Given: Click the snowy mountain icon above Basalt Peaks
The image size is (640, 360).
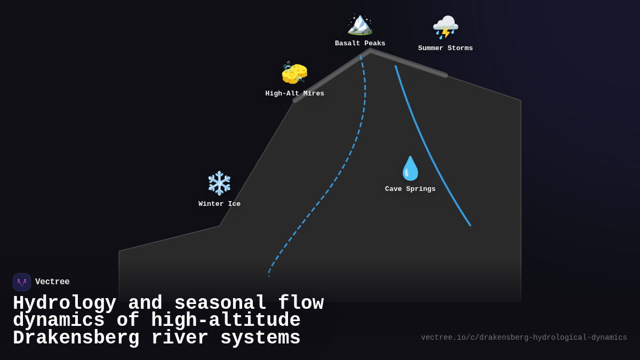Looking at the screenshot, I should click(360, 25).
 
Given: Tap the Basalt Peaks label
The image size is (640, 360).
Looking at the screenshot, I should click(360, 44).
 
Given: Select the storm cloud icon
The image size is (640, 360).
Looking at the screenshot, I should click(445, 27).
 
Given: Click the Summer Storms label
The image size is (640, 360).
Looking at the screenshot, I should click(445, 49).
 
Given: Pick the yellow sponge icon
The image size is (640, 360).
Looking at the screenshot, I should click(294, 73).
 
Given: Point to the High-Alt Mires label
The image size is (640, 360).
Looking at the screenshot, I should click(294, 94).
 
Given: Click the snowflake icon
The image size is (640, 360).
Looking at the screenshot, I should click(219, 183).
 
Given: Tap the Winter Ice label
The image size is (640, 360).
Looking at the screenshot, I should click(219, 204).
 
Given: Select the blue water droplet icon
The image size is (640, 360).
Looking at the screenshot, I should click(410, 169).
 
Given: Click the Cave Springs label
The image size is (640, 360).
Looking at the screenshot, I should click(410, 189).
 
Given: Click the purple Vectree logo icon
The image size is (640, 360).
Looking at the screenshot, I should click(22, 282).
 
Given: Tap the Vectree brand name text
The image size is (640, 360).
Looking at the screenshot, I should click(52, 282).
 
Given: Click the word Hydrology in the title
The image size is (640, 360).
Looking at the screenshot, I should click(65, 303).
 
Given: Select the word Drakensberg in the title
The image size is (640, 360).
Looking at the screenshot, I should click(76, 338).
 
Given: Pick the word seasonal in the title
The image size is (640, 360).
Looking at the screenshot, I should click(220, 303).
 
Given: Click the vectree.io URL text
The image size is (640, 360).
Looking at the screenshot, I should click(524, 338).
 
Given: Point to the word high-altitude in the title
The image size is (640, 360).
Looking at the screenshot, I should click(226, 321).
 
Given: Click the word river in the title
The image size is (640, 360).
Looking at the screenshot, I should click(180, 338).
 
